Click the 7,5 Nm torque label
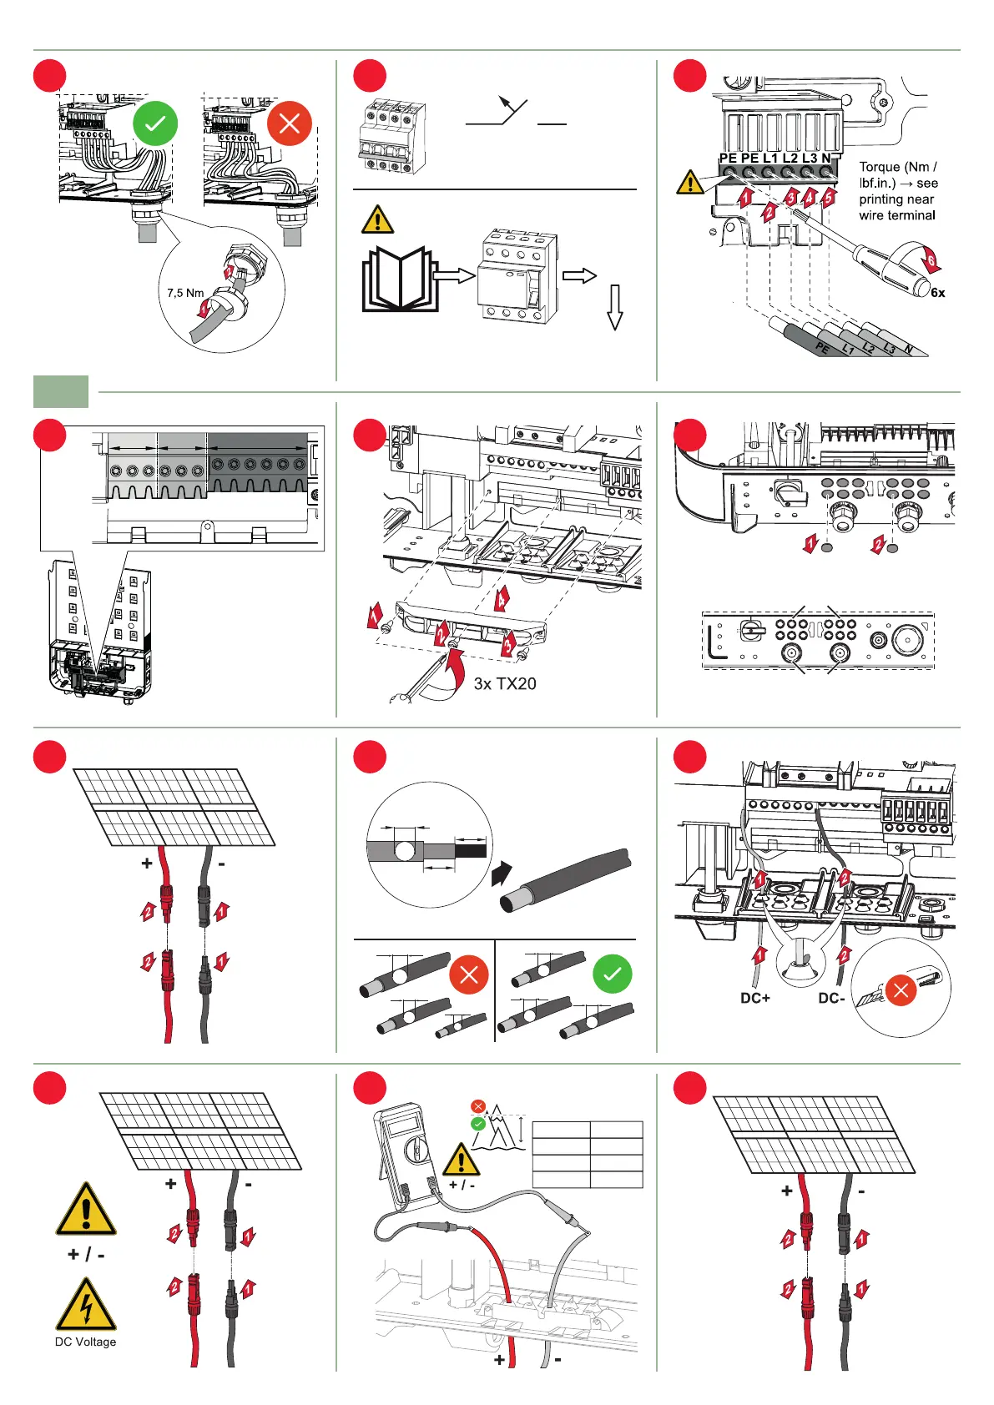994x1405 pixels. click(x=185, y=293)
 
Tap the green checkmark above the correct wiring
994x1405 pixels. click(x=155, y=124)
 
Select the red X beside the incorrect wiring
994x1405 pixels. click(x=290, y=123)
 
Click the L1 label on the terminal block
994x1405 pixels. click(x=769, y=158)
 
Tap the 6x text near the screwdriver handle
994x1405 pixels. click(x=938, y=293)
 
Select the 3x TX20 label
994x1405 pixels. click(x=505, y=684)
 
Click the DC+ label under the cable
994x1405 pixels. click(x=755, y=998)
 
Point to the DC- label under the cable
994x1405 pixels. click(x=831, y=998)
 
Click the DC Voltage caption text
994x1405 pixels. click(x=85, y=1342)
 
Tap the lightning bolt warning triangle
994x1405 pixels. click(x=85, y=1306)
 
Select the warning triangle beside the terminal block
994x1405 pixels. click(x=690, y=182)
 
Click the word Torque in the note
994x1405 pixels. click(x=880, y=167)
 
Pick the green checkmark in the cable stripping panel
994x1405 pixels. click(x=613, y=974)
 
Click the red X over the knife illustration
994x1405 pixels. click(x=901, y=990)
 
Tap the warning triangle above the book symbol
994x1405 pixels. click(x=377, y=220)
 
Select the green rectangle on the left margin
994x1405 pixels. click(x=61, y=391)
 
